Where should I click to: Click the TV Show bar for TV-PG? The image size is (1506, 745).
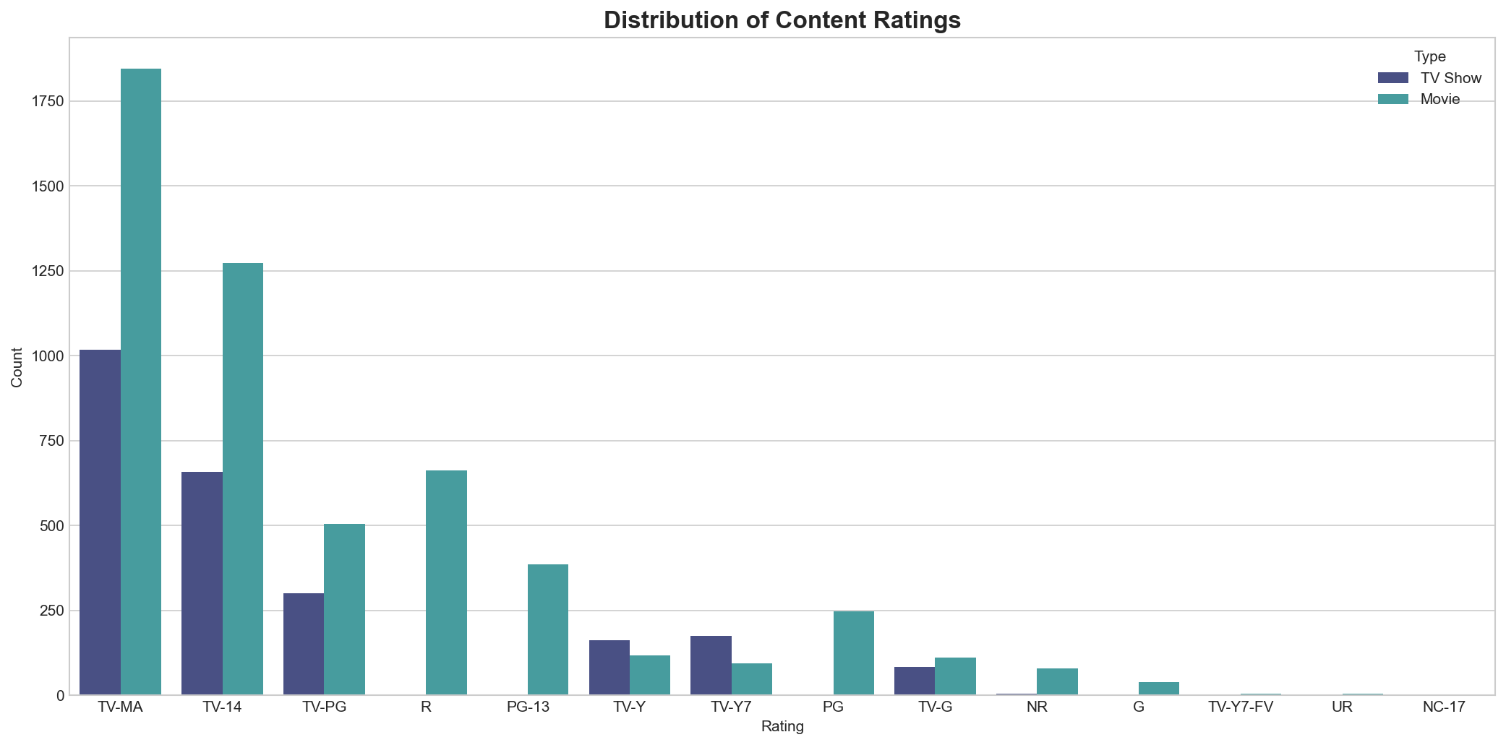pos(304,644)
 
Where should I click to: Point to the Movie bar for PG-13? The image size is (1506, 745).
pos(548,629)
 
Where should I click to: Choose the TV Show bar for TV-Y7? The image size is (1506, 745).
pos(711,666)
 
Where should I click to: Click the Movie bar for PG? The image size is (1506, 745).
pos(853,653)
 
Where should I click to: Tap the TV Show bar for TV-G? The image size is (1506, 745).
pos(915,681)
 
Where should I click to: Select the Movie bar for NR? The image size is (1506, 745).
pos(1057,681)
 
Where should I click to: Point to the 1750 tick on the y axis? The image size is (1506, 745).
pos(47,101)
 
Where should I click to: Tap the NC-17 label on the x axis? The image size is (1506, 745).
pos(1444,707)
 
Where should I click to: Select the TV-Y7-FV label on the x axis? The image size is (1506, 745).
pos(1241,707)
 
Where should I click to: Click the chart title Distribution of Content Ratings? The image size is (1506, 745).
pos(782,20)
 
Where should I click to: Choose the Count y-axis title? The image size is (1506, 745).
pos(17,367)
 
